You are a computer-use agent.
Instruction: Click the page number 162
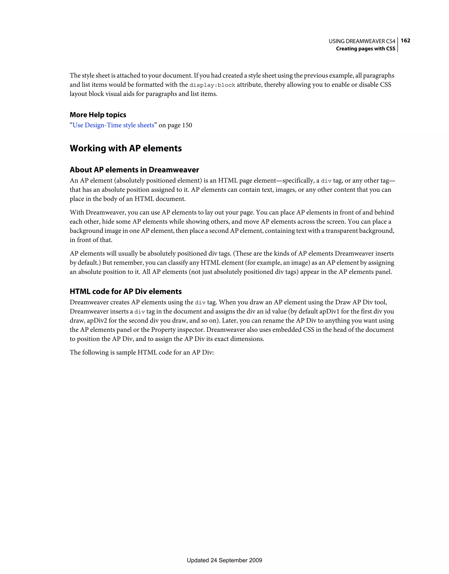(x=405, y=41)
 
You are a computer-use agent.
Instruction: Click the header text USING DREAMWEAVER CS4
(x=362, y=41)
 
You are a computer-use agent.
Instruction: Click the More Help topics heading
(x=98, y=115)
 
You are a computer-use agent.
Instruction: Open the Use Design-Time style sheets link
(x=113, y=125)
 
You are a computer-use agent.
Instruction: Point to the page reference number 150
(x=187, y=125)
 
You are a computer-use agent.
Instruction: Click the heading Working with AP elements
(x=126, y=148)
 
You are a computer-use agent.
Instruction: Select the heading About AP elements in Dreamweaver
(x=134, y=170)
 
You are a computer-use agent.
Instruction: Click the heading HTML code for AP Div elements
(x=126, y=291)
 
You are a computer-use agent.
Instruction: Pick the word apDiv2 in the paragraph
(x=97, y=321)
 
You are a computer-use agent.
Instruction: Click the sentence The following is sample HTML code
(x=141, y=353)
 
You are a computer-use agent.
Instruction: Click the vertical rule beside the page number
(x=398, y=45)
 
